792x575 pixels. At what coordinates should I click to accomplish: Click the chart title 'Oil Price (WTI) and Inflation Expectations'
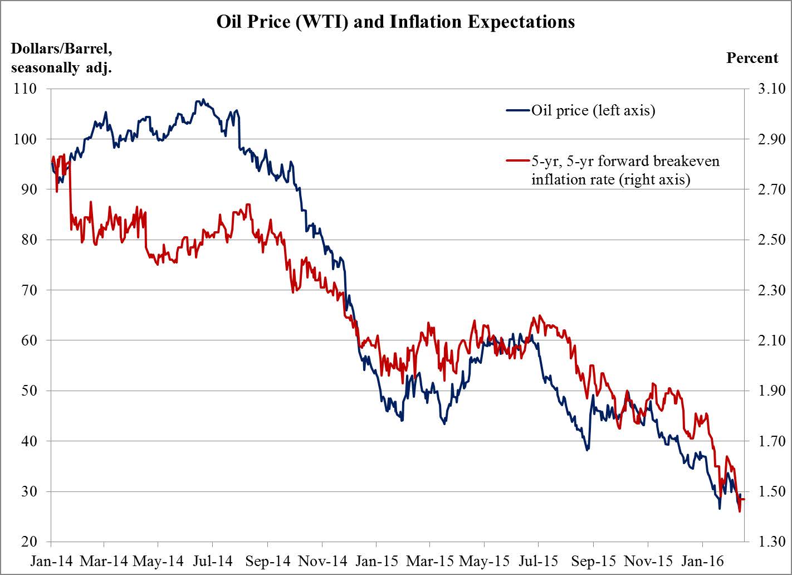(x=395, y=22)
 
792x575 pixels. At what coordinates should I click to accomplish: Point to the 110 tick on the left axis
(x=25, y=89)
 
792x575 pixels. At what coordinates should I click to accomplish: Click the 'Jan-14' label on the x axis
(x=51, y=561)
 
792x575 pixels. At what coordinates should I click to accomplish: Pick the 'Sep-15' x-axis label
(x=593, y=561)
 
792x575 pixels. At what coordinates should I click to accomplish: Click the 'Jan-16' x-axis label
(x=702, y=561)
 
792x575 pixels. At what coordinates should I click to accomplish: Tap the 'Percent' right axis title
(x=752, y=58)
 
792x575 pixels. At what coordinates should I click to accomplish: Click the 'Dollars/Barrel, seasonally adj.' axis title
(x=61, y=58)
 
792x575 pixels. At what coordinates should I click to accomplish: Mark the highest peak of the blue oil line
(x=203, y=100)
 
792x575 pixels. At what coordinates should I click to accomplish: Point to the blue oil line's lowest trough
(x=720, y=508)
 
